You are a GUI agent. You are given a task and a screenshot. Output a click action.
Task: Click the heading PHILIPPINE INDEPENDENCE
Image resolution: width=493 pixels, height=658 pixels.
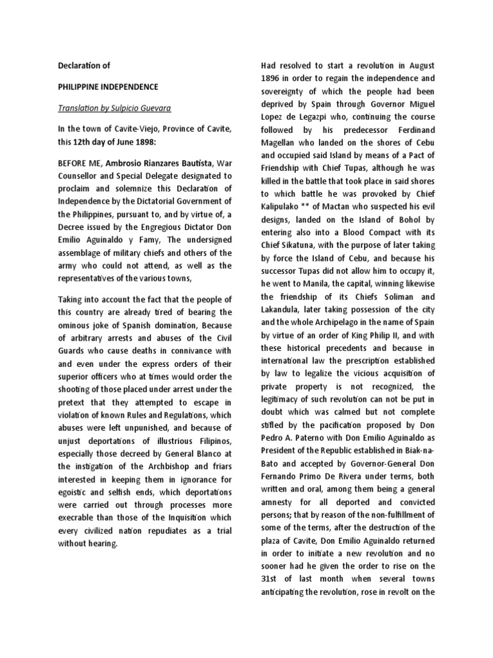pos(108,86)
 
